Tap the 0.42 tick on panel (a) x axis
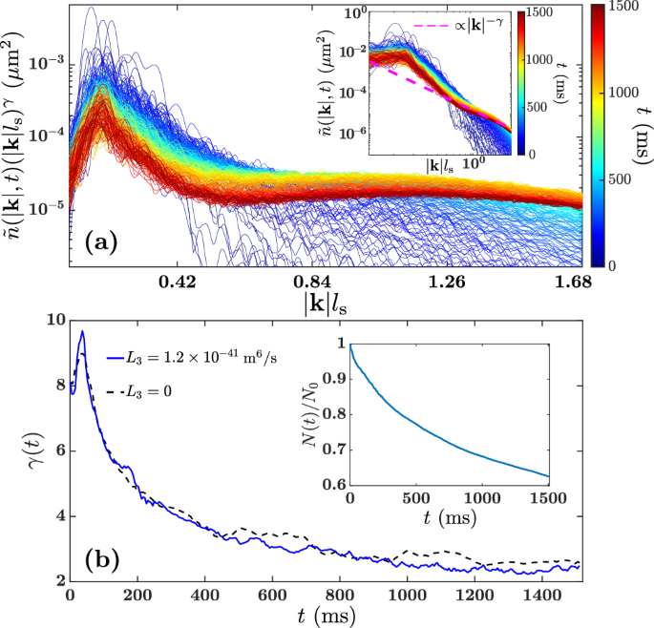pos(178,282)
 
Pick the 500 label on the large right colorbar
pos(622,178)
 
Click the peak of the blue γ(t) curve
pos(82,332)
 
